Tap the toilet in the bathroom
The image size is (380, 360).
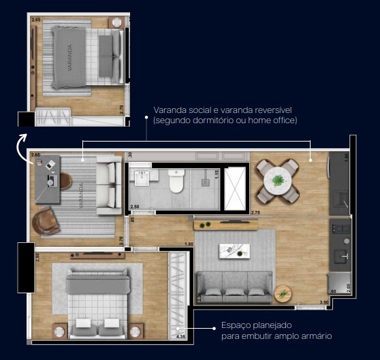(x=176, y=181)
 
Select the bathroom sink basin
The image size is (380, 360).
(x=143, y=179)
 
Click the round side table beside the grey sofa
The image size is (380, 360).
(x=282, y=294)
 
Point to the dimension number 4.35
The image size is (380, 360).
(x=181, y=336)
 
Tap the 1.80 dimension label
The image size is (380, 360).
(x=189, y=244)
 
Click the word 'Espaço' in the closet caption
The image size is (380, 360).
(x=235, y=326)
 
